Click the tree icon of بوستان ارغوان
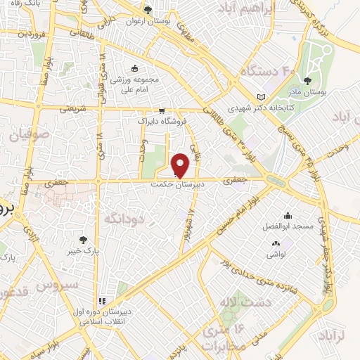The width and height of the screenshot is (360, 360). [x=148, y=10]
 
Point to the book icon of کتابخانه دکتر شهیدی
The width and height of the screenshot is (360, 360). [x=262, y=96]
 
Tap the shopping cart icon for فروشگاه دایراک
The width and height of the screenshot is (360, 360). [x=162, y=110]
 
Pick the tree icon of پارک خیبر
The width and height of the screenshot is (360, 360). [x=83, y=240]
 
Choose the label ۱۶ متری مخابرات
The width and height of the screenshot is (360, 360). [x=224, y=336]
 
